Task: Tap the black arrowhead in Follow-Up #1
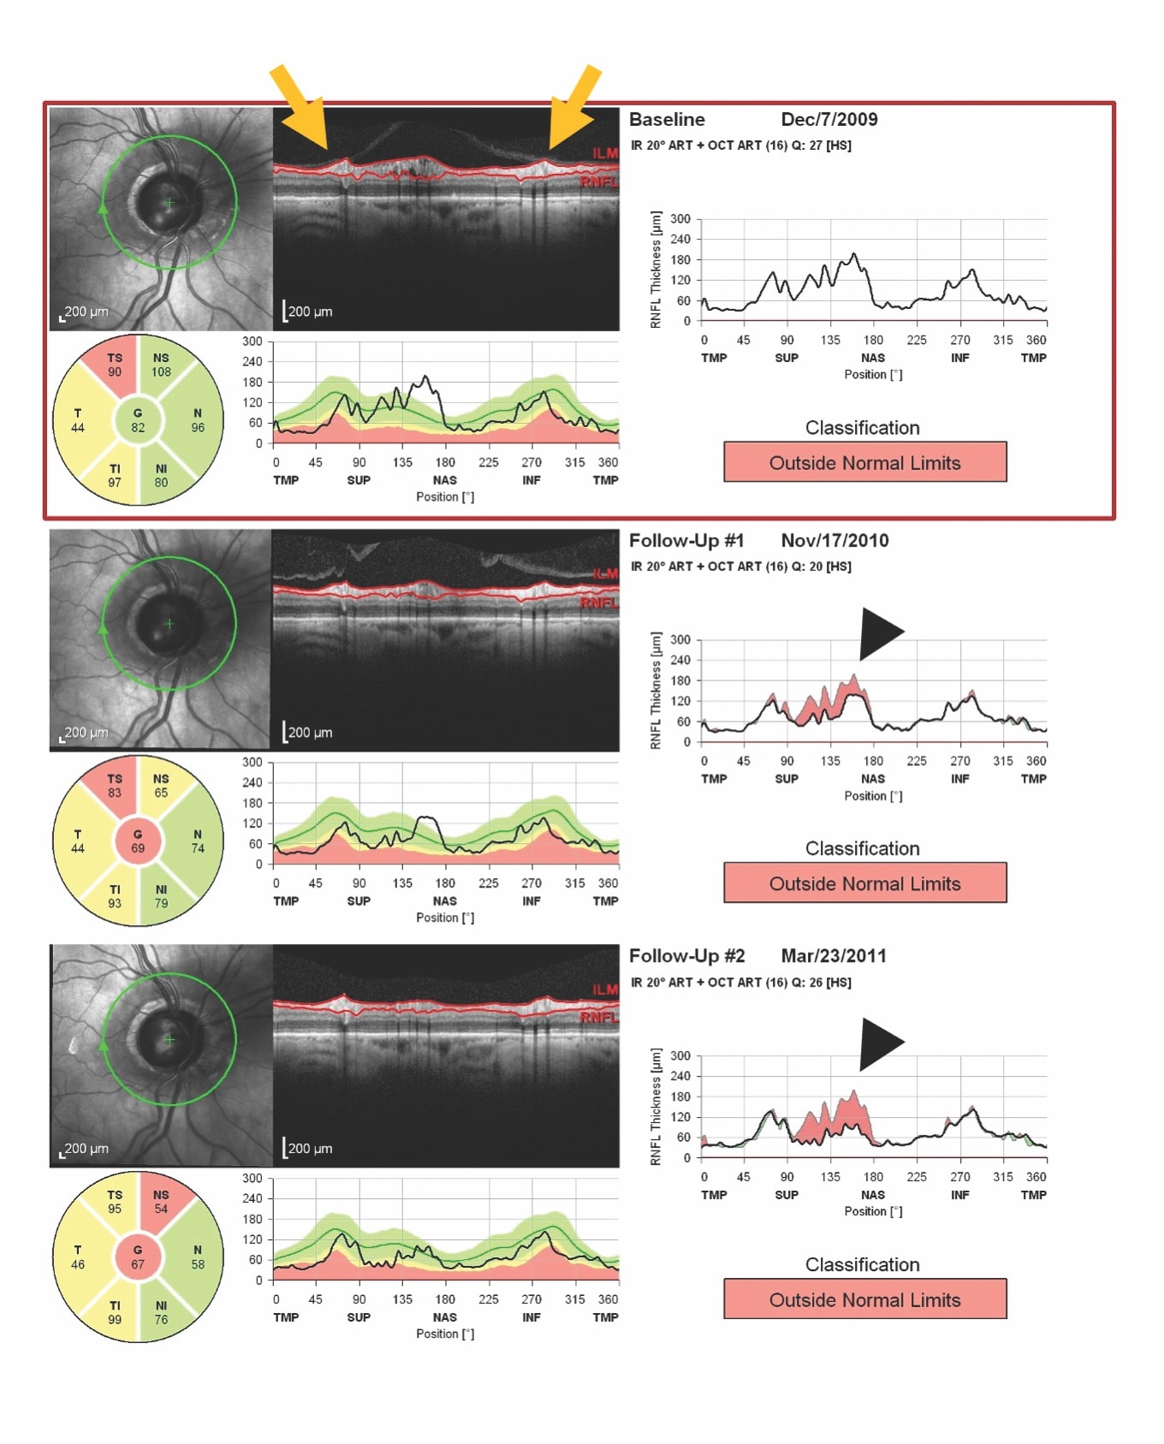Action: (879, 633)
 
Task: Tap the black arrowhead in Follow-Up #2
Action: (879, 1043)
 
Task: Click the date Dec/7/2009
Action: (828, 120)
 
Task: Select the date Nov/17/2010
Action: (834, 541)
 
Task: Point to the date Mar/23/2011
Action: (833, 956)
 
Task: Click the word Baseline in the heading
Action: (667, 120)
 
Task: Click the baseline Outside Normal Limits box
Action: (864, 462)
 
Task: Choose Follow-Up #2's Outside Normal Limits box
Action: (864, 1299)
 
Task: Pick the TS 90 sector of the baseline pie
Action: (115, 365)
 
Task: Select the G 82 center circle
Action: (138, 420)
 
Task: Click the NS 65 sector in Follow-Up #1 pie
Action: (161, 786)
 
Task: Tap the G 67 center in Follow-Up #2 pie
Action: (138, 1257)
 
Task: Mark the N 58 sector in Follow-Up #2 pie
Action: (197, 1257)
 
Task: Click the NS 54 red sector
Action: (161, 1202)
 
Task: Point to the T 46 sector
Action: (78, 1257)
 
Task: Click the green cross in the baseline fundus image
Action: (169, 203)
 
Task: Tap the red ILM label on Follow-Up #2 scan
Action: (604, 989)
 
